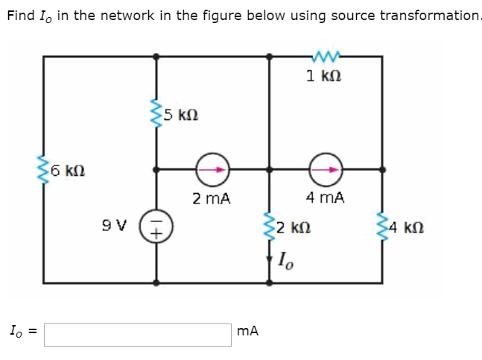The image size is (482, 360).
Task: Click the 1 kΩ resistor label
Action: [324, 75]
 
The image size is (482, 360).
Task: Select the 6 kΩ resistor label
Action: [62, 170]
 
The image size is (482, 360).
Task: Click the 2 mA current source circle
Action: [211, 169]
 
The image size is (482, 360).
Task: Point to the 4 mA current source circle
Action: [326, 169]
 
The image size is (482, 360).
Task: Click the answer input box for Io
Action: [137, 334]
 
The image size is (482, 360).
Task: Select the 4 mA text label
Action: [325, 198]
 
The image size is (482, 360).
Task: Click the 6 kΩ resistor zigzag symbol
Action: [43, 170]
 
